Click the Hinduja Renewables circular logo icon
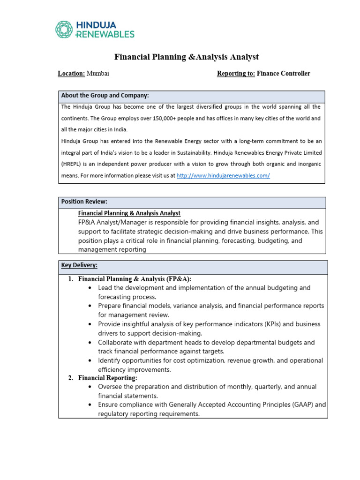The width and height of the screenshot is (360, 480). pos(64,29)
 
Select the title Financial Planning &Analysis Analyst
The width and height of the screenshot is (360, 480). pos(187,57)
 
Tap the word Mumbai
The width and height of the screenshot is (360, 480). pos(98,74)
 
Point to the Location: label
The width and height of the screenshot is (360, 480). pos(71,74)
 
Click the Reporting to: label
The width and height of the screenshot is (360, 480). pos(236,74)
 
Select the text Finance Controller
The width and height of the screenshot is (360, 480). pos(284,74)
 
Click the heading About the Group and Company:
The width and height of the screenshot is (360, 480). pos(105,96)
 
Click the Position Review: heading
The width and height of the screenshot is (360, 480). pos(84,202)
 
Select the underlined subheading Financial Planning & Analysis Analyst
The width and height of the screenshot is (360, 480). pos(129,213)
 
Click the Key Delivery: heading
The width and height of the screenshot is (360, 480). pos(79,265)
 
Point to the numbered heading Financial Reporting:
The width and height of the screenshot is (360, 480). pos(107,378)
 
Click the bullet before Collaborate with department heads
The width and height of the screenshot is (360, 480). pos(90,343)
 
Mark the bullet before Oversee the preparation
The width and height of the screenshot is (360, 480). pos(90,387)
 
